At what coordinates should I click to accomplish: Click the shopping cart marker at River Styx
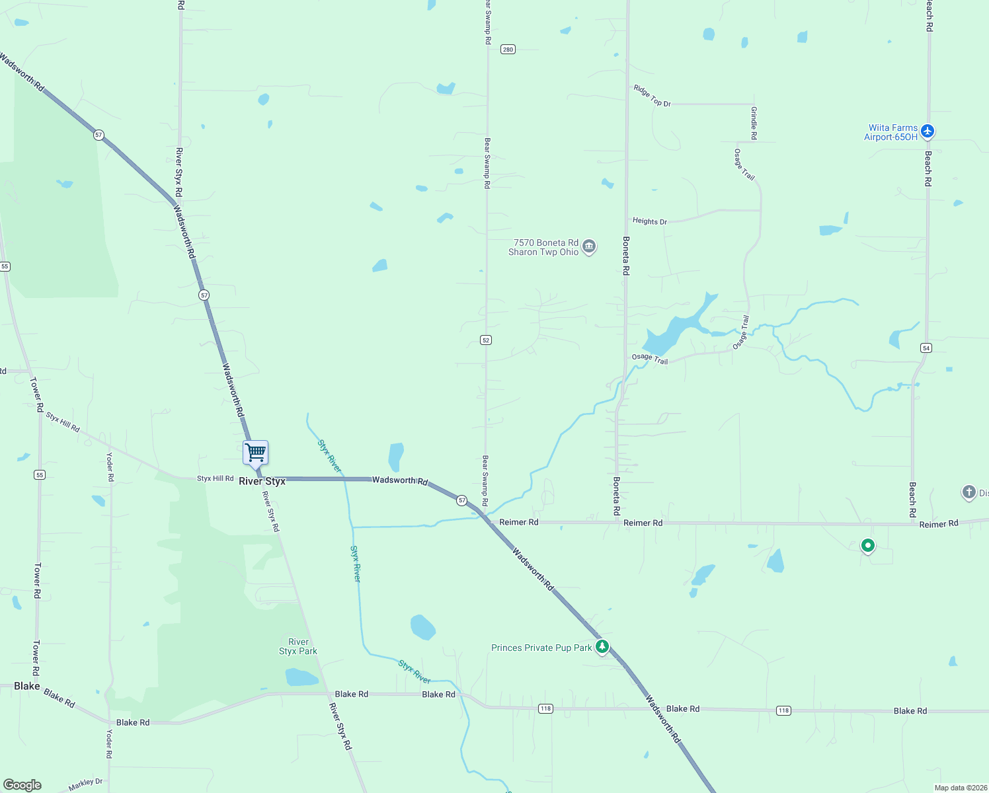(255, 453)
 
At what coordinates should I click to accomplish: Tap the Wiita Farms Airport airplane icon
(928, 132)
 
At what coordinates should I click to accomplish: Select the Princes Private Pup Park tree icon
(602, 646)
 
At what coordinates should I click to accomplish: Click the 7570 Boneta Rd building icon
(589, 247)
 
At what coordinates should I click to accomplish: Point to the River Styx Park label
(298, 646)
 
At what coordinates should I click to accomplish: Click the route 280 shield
(508, 50)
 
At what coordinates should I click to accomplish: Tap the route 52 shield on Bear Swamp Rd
(486, 340)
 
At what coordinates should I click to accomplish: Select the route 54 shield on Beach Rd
(926, 348)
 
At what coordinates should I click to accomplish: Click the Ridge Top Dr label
(652, 95)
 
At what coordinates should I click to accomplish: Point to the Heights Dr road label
(650, 221)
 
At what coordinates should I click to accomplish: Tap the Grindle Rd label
(754, 123)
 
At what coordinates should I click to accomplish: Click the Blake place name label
(27, 686)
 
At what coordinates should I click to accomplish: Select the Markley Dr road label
(86, 784)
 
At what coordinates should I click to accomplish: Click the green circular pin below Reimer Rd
(868, 546)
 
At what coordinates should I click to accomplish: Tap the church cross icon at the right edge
(969, 492)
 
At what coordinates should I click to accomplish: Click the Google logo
(22, 784)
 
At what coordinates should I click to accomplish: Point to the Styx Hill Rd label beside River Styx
(215, 478)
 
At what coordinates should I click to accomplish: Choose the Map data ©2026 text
(959, 788)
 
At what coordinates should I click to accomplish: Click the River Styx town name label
(262, 481)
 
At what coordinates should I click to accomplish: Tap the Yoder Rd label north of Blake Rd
(110, 467)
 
